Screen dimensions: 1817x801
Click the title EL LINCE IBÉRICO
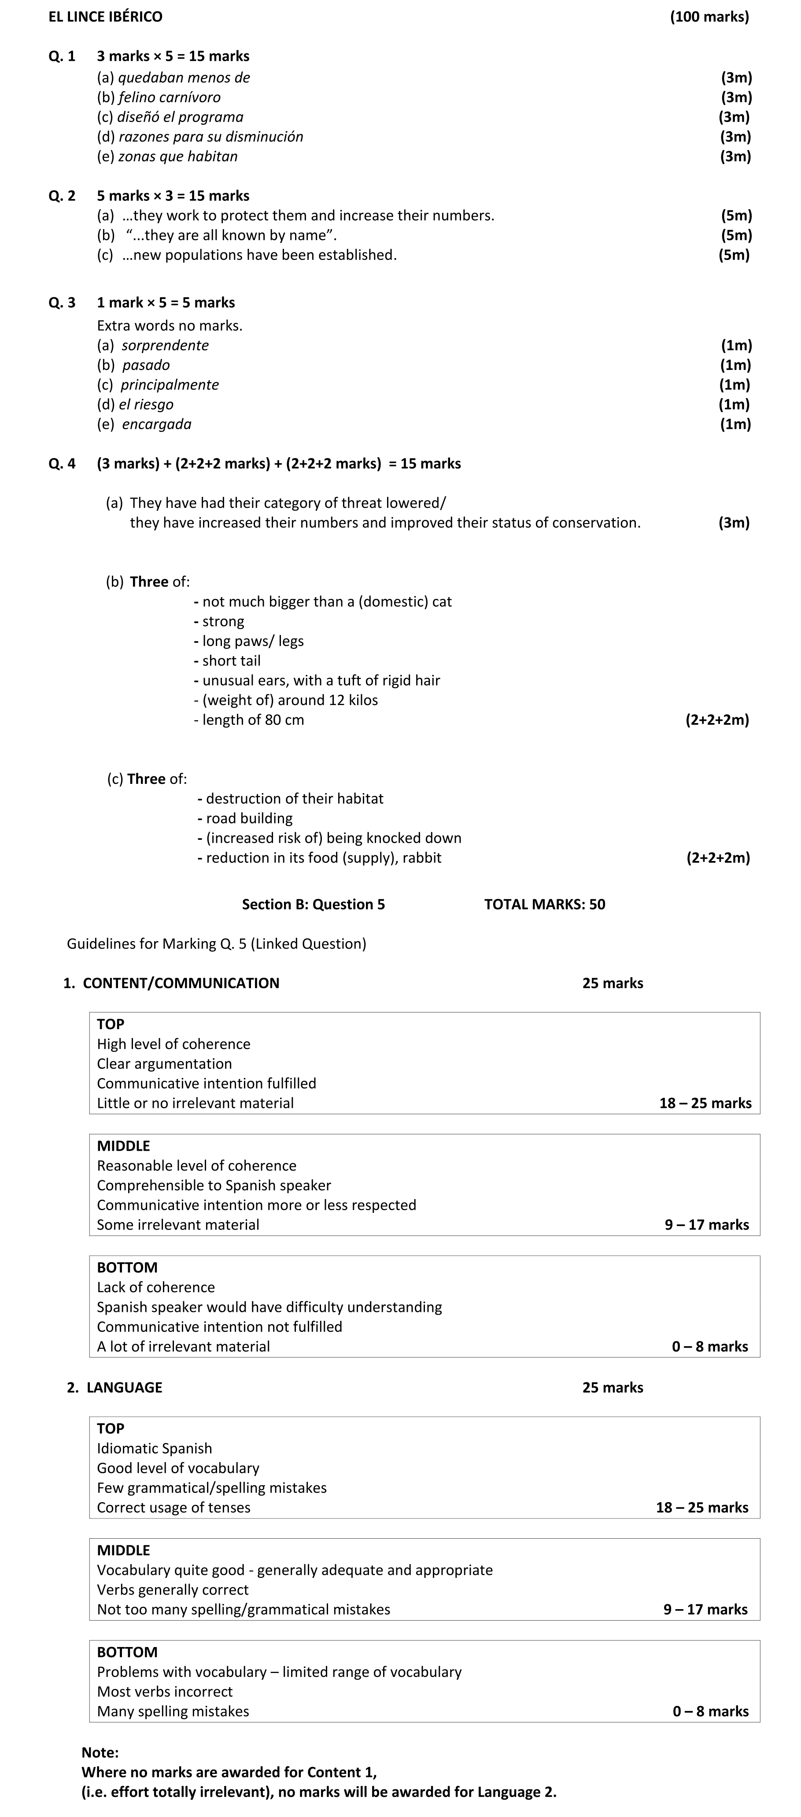click(105, 16)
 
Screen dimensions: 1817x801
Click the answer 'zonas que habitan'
click(178, 157)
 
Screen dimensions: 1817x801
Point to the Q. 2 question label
click(62, 196)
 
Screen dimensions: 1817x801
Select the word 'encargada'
click(156, 425)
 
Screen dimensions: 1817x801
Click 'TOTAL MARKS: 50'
click(544, 904)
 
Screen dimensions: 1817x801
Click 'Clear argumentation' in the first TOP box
click(164, 1064)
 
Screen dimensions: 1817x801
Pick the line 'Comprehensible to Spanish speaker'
click(214, 1185)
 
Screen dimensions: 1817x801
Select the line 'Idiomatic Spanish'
click(155, 1448)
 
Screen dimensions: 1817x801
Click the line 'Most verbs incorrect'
click(164, 1691)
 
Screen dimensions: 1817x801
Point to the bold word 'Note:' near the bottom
click(100, 1753)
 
